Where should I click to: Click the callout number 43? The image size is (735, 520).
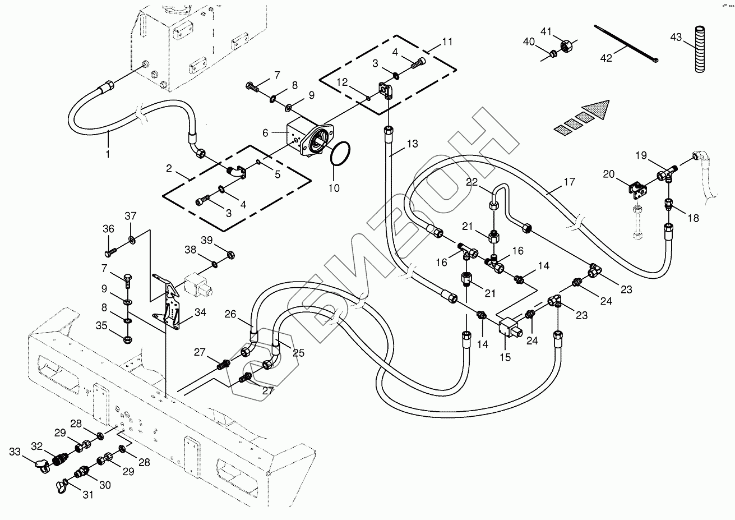pyautogui.click(x=676, y=37)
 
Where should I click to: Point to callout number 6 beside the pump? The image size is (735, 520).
pyautogui.click(x=266, y=132)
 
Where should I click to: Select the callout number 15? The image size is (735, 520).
pyautogui.click(x=505, y=356)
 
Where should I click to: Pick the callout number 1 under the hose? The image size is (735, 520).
pyautogui.click(x=108, y=153)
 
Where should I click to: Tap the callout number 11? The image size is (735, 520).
pyautogui.click(x=447, y=42)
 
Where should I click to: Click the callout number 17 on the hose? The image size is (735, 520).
pyautogui.click(x=570, y=182)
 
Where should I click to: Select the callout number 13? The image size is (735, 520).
pyautogui.click(x=412, y=144)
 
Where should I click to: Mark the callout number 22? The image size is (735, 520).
pyautogui.click(x=472, y=182)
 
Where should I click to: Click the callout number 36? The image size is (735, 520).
pyautogui.click(x=108, y=228)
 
